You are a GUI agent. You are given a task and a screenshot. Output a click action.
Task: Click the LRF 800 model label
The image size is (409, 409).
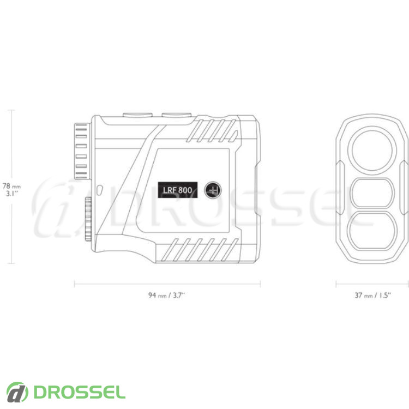click(x=177, y=190)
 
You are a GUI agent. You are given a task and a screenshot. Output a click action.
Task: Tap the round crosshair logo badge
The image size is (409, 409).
click(x=213, y=190)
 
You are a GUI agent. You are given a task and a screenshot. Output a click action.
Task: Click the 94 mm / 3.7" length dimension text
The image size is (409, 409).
click(x=167, y=295)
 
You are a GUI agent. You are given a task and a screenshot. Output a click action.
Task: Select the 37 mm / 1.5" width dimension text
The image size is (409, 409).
click(x=373, y=295)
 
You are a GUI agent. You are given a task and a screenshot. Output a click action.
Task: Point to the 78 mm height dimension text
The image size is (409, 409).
click(x=11, y=187)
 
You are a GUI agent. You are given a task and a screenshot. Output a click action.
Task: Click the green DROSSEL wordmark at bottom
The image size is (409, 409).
click(x=79, y=392)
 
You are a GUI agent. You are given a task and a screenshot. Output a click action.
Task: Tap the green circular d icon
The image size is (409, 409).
click(x=17, y=392)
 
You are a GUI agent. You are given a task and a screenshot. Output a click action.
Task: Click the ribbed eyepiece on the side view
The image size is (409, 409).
click(x=81, y=151)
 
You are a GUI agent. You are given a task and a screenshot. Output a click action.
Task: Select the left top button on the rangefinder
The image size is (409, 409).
click(x=138, y=115)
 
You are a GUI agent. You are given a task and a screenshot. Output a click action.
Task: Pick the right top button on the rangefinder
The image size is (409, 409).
click(x=177, y=115)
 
